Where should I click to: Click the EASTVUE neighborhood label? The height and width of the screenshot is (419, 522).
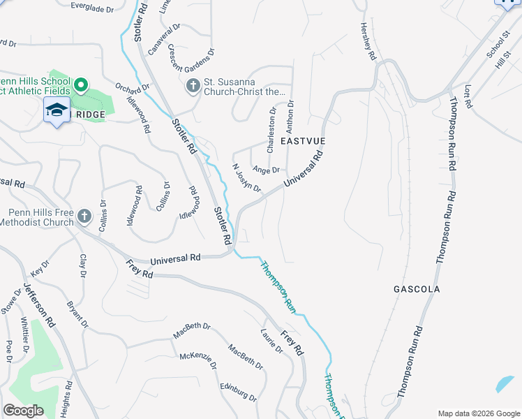(303, 141)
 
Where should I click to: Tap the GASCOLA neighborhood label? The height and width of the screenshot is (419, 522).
(417, 288)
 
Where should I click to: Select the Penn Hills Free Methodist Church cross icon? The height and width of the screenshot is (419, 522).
(84, 216)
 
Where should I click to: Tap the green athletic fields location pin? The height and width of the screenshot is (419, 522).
(80, 86)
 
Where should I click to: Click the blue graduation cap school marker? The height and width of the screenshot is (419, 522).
(57, 110)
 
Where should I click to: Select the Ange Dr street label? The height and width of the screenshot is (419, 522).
(266, 170)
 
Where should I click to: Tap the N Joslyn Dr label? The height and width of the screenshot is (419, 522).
(246, 179)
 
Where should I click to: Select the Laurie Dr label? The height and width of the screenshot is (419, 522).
(271, 342)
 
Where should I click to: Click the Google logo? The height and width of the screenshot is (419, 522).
(23, 411)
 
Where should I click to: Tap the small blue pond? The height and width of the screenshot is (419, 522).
(504, 384)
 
